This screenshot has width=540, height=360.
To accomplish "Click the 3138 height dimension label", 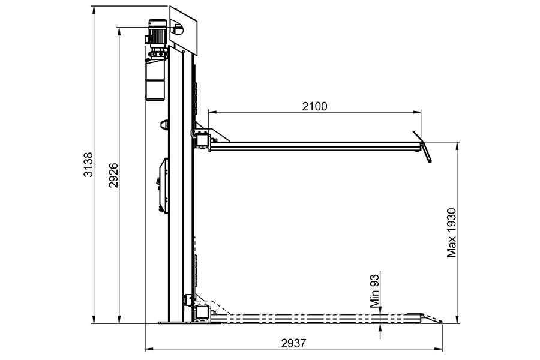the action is point(89,164).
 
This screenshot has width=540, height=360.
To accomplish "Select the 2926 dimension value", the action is point(113,175).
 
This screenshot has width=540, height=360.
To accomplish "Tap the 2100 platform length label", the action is point(315,106).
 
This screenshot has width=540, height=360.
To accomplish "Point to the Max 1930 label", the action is point(451,233).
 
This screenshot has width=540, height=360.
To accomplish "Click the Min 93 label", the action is point(374,290).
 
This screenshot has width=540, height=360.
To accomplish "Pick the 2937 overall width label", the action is point(293,343).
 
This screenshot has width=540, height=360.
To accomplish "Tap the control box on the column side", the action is point(163,185).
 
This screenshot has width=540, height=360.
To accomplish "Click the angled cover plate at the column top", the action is point(183,31).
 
